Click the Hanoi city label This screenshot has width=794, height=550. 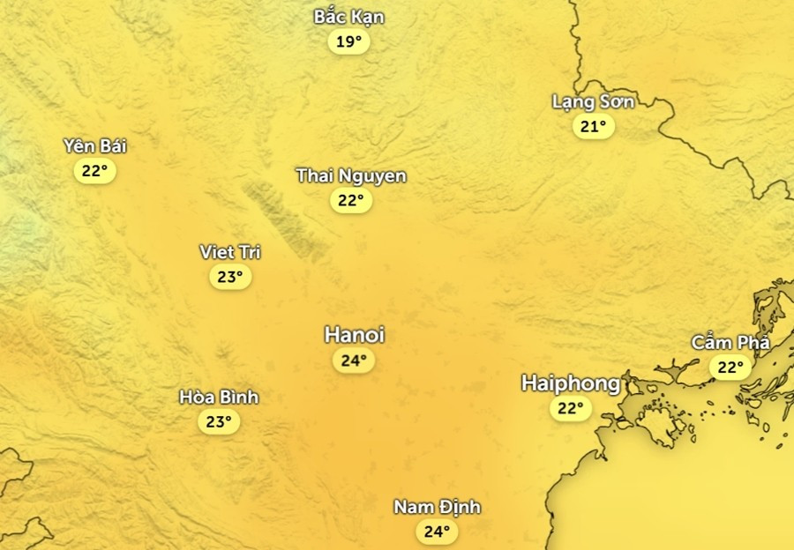(355, 335)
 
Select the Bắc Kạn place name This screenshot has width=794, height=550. (349, 17)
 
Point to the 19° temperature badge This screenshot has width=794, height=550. (348, 41)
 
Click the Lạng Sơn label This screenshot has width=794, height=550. (593, 101)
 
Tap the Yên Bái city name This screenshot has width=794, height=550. (94, 145)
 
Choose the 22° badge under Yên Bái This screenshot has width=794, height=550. (94, 171)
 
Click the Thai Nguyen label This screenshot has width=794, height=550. (351, 175)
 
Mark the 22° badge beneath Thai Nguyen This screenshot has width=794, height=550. (350, 201)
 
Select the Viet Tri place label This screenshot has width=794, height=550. (230, 252)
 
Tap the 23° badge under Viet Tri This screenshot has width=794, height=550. (230, 278)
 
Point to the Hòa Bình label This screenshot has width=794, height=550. (219, 398)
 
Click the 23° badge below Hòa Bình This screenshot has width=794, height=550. (218, 422)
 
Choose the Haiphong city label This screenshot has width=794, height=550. (571, 383)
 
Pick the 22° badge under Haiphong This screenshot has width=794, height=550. (571, 408)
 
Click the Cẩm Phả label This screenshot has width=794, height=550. (730, 342)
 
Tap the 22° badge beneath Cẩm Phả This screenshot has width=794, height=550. (730, 367)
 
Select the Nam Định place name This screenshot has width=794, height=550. (437, 507)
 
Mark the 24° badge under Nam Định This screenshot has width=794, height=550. (437, 531)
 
